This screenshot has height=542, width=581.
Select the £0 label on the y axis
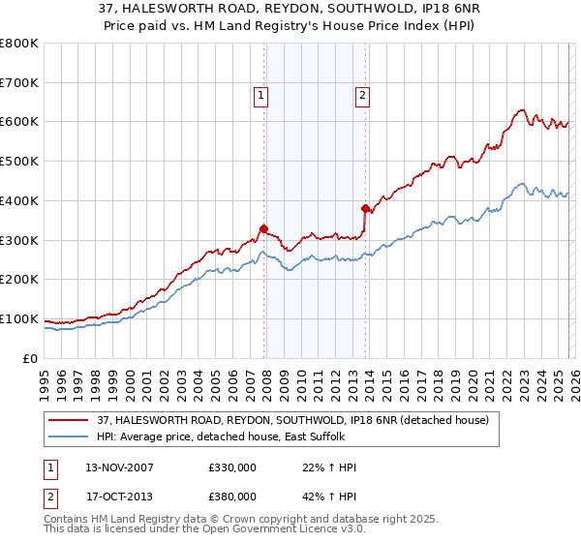click(30, 358)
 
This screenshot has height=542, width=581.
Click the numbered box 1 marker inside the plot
click(261, 95)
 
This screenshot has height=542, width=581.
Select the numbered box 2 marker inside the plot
click(361, 95)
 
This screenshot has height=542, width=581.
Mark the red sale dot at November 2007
click(263, 228)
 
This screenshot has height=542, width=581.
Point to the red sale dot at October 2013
click(365, 208)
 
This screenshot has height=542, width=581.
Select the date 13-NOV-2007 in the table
click(120, 467)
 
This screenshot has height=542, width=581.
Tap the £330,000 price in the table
click(231, 467)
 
